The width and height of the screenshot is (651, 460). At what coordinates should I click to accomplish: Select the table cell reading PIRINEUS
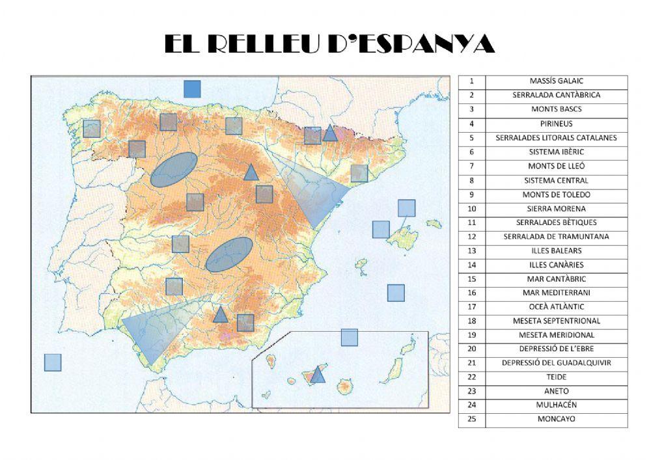556,124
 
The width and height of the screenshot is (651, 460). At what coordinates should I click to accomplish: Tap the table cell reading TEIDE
556,377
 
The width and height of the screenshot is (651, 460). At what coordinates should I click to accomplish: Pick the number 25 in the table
472,420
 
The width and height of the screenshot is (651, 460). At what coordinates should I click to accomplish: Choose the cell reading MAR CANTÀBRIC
556,279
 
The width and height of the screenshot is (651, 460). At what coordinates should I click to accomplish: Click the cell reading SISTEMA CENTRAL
556,180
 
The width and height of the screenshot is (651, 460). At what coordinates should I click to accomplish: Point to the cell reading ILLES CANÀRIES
556,265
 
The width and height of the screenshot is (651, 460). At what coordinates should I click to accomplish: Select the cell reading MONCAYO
556,420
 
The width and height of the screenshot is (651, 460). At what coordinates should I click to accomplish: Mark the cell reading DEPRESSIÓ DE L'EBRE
556,349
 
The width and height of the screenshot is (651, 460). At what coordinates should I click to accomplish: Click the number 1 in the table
472,81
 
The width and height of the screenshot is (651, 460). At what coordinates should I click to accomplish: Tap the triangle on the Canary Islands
318,375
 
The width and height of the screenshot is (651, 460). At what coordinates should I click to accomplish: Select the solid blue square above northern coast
192,89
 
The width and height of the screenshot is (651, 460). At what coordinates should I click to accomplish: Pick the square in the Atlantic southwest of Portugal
53,362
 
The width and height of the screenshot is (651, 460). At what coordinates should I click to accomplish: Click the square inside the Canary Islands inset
350,337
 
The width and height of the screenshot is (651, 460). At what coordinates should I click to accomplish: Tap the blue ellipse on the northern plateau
174,170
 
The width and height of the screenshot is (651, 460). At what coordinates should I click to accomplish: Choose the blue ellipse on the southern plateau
229,254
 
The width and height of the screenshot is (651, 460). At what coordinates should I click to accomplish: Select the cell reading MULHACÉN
556,405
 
